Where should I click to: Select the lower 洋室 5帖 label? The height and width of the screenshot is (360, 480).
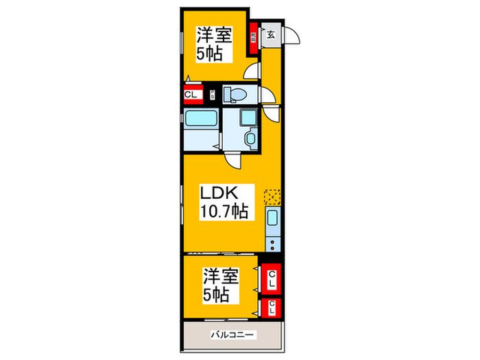coord(220,285)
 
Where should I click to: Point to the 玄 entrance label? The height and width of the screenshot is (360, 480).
coord(272,35)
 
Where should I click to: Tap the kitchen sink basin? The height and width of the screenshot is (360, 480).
coord(272,221)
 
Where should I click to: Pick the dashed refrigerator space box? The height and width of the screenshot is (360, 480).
coord(273,197)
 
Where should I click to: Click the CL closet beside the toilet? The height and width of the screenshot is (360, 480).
coord(191,95)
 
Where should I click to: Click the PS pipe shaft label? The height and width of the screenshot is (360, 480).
coord(212,95)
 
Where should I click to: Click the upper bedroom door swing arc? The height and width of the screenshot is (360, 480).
coord(254,71)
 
